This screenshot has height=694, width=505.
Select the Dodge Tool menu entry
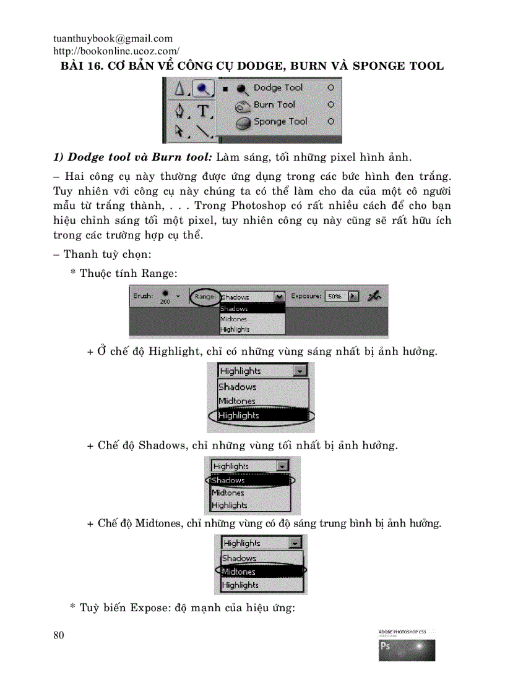(x=278, y=88)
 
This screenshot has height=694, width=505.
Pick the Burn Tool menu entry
(x=274, y=104)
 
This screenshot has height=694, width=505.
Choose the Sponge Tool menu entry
(x=280, y=121)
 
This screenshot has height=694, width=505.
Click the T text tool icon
(x=203, y=111)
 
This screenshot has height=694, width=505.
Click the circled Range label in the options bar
(x=204, y=297)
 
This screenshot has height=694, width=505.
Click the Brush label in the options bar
(x=143, y=296)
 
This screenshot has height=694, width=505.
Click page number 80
(x=59, y=635)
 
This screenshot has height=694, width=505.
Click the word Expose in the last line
(x=147, y=607)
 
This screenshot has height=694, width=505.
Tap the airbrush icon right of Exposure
(x=374, y=296)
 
